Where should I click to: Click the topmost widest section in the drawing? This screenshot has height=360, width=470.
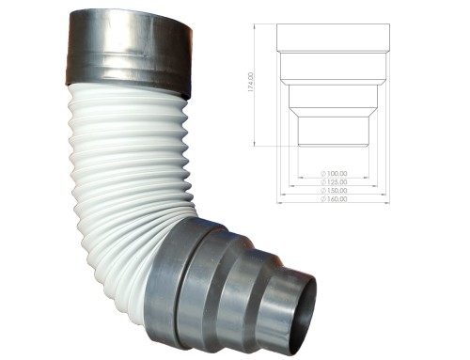(x=333, y=37)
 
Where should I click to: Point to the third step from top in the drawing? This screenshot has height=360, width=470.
(x=333, y=96)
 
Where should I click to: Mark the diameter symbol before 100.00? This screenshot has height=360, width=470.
(x=321, y=174)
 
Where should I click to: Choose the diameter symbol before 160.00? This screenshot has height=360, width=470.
(x=321, y=199)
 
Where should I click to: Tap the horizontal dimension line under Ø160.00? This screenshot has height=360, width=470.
(x=333, y=204)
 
